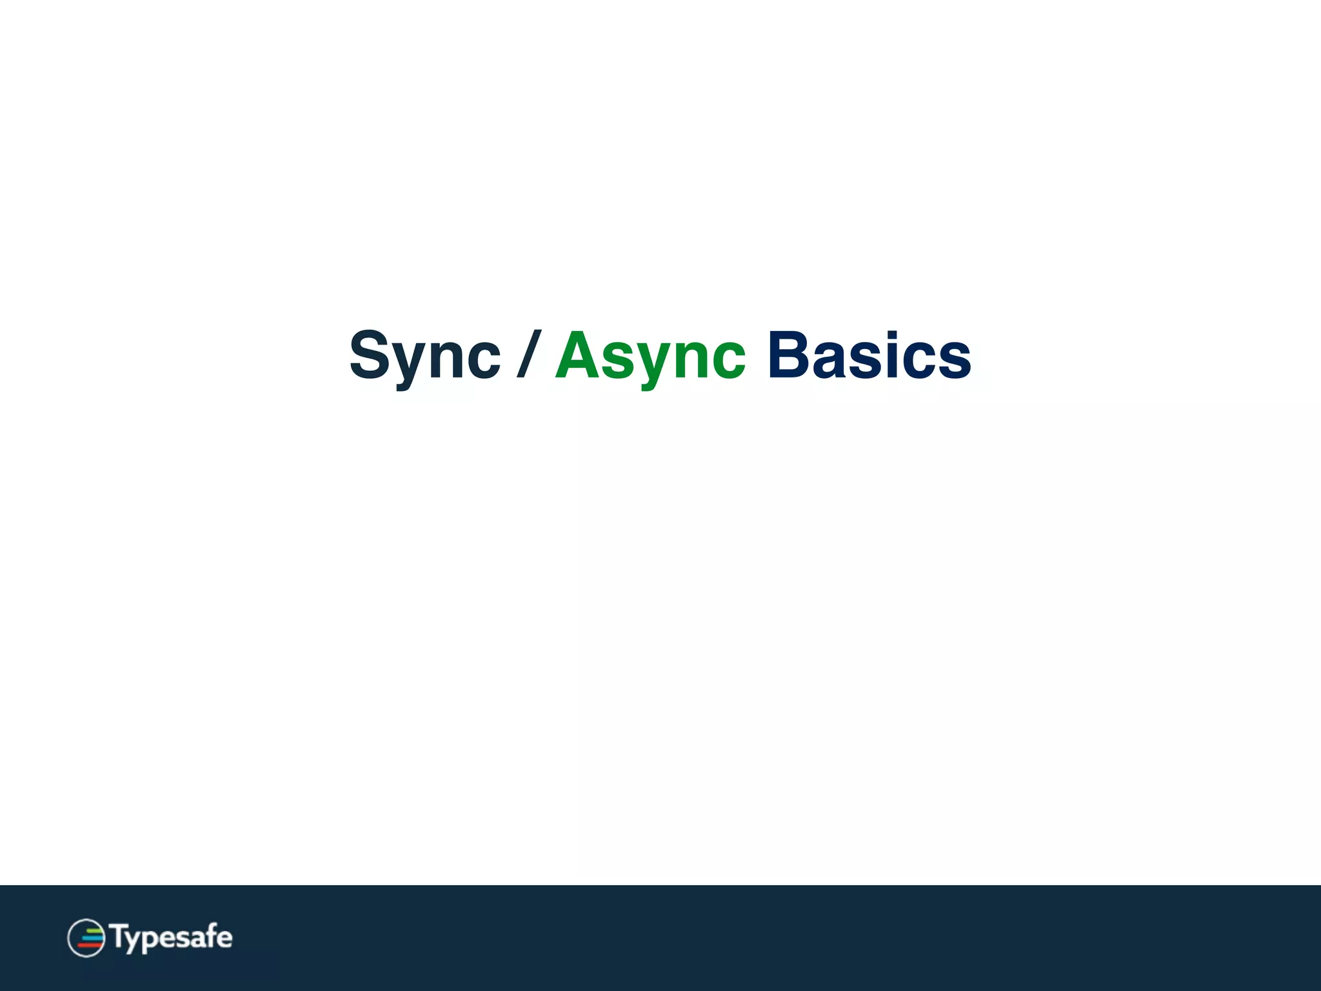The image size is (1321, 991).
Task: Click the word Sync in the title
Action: pyautogui.click(x=424, y=356)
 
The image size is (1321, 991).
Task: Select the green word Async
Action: pyautogui.click(x=650, y=356)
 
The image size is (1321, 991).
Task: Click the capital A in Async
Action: pyautogui.click(x=577, y=355)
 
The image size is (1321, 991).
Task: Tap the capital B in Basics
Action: pyautogui.click(x=788, y=355)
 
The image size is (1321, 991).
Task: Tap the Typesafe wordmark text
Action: pyautogui.click(x=172, y=937)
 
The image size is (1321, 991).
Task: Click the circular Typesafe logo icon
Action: pyautogui.click(x=86, y=937)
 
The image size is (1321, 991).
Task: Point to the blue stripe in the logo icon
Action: pyautogui.click(x=92, y=937)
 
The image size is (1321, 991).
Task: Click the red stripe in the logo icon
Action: pyautogui.click(x=90, y=945)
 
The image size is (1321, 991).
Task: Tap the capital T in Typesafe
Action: pyautogui.click(x=120, y=936)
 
